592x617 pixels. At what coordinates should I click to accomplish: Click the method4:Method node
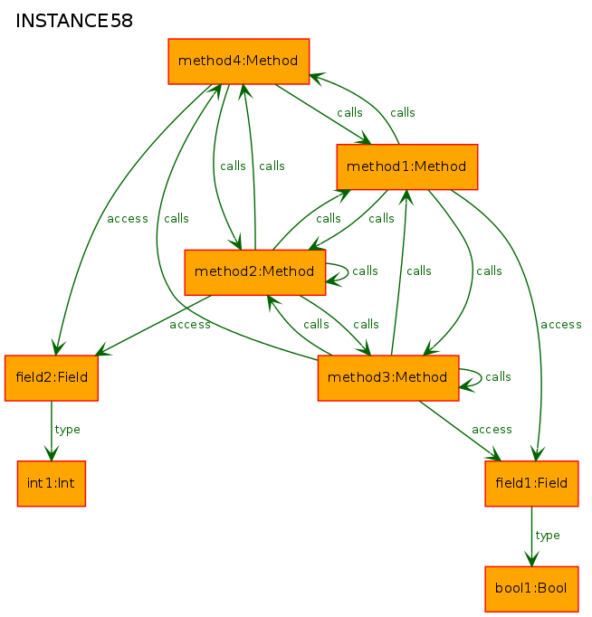(239, 62)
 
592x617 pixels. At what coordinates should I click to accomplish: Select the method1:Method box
(407, 166)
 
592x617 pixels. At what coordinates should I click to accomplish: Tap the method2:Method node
(255, 272)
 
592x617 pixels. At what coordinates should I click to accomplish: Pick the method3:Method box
(388, 378)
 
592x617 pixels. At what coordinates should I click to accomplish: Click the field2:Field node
(52, 378)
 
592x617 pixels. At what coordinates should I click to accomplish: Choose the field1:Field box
(531, 483)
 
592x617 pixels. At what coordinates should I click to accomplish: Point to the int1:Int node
(52, 483)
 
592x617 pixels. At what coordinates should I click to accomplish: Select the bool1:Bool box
(531, 589)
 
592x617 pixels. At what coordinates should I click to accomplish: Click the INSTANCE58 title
(74, 21)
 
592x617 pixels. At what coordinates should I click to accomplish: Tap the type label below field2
(67, 430)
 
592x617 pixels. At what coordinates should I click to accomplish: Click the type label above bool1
(548, 536)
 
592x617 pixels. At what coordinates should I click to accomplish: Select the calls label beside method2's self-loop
(365, 271)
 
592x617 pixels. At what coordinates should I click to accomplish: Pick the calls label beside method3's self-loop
(498, 376)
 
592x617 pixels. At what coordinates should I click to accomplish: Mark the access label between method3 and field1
(492, 430)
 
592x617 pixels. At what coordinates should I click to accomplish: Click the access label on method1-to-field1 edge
(561, 325)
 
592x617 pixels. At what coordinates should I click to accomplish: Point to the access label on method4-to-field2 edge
(128, 219)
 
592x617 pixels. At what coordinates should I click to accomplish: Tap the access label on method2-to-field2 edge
(190, 325)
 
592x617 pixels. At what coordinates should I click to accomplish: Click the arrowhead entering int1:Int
(52, 453)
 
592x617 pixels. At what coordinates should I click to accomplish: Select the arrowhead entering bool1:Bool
(531, 559)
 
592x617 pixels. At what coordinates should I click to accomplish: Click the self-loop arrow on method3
(481, 378)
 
